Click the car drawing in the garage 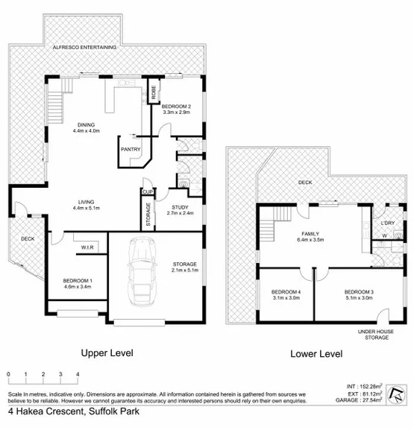click(x=141, y=271)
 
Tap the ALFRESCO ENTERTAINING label click(x=84, y=47)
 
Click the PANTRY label click(x=131, y=148)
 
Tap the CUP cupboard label click(x=147, y=192)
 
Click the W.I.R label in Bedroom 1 click(x=82, y=250)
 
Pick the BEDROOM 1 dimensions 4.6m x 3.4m click(x=77, y=285)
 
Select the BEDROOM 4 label click(x=285, y=291)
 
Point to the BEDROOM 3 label click(x=359, y=291)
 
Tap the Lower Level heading click(x=316, y=354)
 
